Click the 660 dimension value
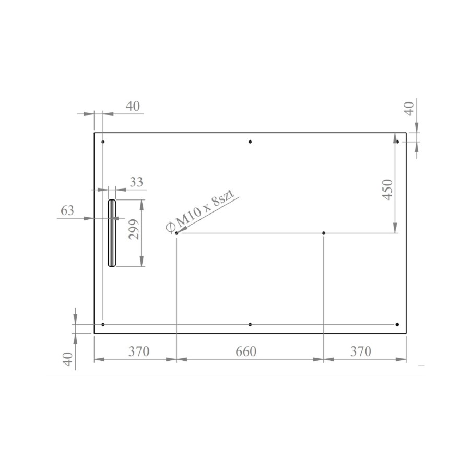tap(246, 351)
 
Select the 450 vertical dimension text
tap(387, 190)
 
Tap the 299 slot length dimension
tap(134, 229)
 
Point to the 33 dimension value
tap(136, 182)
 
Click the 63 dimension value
tap(67, 210)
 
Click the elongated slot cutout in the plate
tap(112, 233)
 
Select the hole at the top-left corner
tap(103, 142)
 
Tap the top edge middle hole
tap(250, 142)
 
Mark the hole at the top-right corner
tap(397, 142)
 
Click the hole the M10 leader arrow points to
tap(177, 233)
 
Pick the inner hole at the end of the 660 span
tap(324, 233)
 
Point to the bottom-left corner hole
tap(103, 325)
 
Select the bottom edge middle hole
tap(250, 325)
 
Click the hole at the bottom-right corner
tap(397, 325)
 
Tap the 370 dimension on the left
tap(139, 351)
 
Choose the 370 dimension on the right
tap(360, 351)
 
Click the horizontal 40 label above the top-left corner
tap(133, 106)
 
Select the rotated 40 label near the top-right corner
tap(409, 108)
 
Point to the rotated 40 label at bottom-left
tap(67, 359)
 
